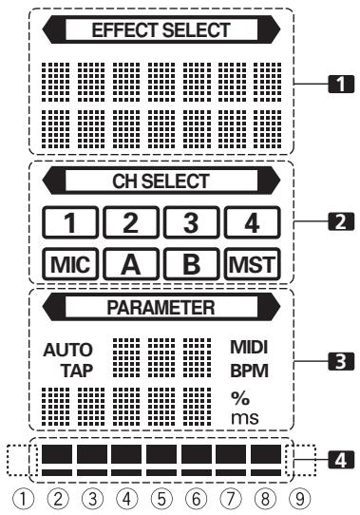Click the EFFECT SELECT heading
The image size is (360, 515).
160,30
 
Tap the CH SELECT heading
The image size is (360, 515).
160,177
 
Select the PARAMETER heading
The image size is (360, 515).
160,308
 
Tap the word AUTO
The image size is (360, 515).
63,349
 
